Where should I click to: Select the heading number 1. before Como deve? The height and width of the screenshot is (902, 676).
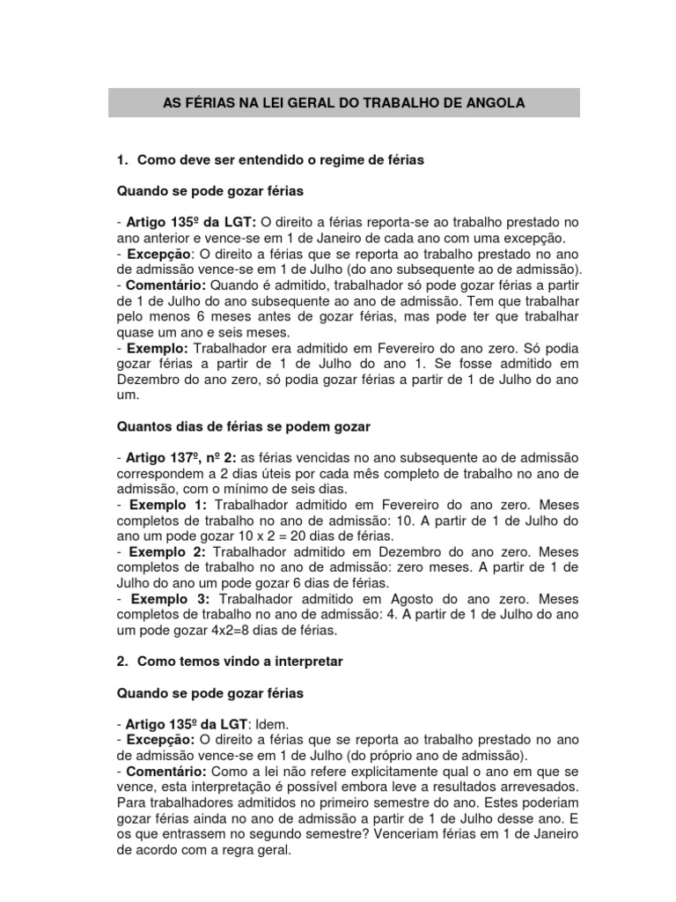(123, 160)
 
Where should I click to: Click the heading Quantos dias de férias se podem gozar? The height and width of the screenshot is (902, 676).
(244, 426)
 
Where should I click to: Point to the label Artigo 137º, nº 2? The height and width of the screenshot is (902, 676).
(175, 459)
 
